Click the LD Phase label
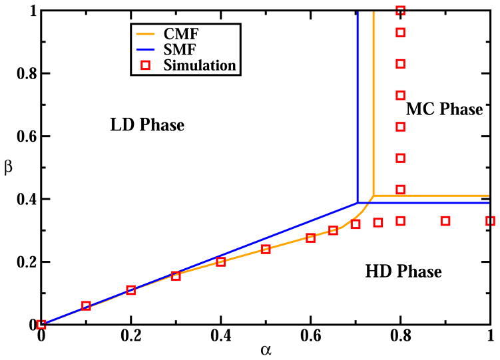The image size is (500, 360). pyautogui.click(x=146, y=124)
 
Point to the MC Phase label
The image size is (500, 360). pyautogui.click(x=443, y=108)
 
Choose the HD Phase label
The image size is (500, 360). pyautogui.click(x=403, y=271)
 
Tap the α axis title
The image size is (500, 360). pyautogui.click(x=265, y=351)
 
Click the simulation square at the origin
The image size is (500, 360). pyautogui.click(x=41, y=324)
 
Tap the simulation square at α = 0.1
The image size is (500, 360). pyautogui.click(x=86, y=306)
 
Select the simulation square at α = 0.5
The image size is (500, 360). pyautogui.click(x=266, y=249)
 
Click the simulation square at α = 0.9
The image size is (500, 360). pyautogui.click(x=445, y=221)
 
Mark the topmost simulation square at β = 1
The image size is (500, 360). pyautogui.click(x=400, y=11)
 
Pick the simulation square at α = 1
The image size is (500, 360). pyautogui.click(x=490, y=221)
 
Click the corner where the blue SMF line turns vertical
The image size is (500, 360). pyautogui.click(x=358, y=202)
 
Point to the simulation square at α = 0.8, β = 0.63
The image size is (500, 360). pyautogui.click(x=400, y=126)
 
